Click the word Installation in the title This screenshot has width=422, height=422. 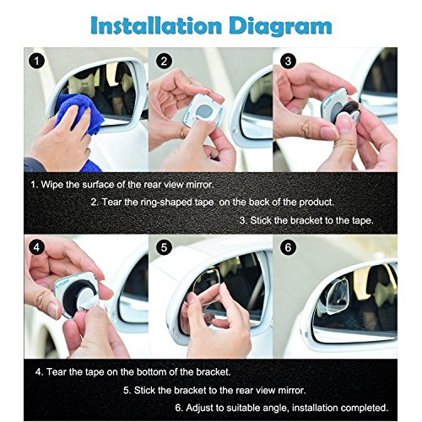(x=156, y=26)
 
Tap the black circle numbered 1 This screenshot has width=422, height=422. (x=36, y=61)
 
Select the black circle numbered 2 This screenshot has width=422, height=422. (x=164, y=61)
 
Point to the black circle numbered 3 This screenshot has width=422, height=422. (x=288, y=61)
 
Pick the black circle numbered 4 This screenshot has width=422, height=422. (x=36, y=248)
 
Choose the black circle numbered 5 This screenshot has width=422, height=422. (x=164, y=248)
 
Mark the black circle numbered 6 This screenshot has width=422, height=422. (x=288, y=248)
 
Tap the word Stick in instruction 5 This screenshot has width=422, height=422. (x=144, y=390)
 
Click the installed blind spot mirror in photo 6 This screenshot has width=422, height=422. (x=334, y=297)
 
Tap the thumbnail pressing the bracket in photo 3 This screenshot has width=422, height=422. (x=344, y=123)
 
